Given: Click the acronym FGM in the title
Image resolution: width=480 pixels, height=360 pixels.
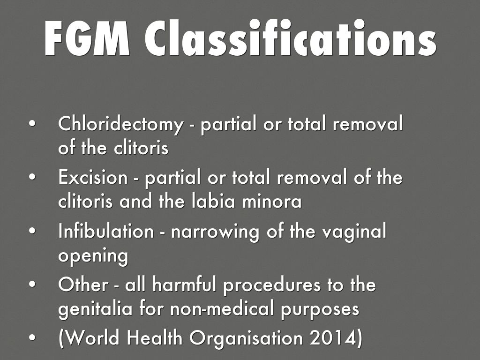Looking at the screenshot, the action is point(87,38).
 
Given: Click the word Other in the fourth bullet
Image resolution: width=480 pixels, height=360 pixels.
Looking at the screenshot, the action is point(83,284).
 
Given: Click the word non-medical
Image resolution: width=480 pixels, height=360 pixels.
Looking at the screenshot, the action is point(222,308).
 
